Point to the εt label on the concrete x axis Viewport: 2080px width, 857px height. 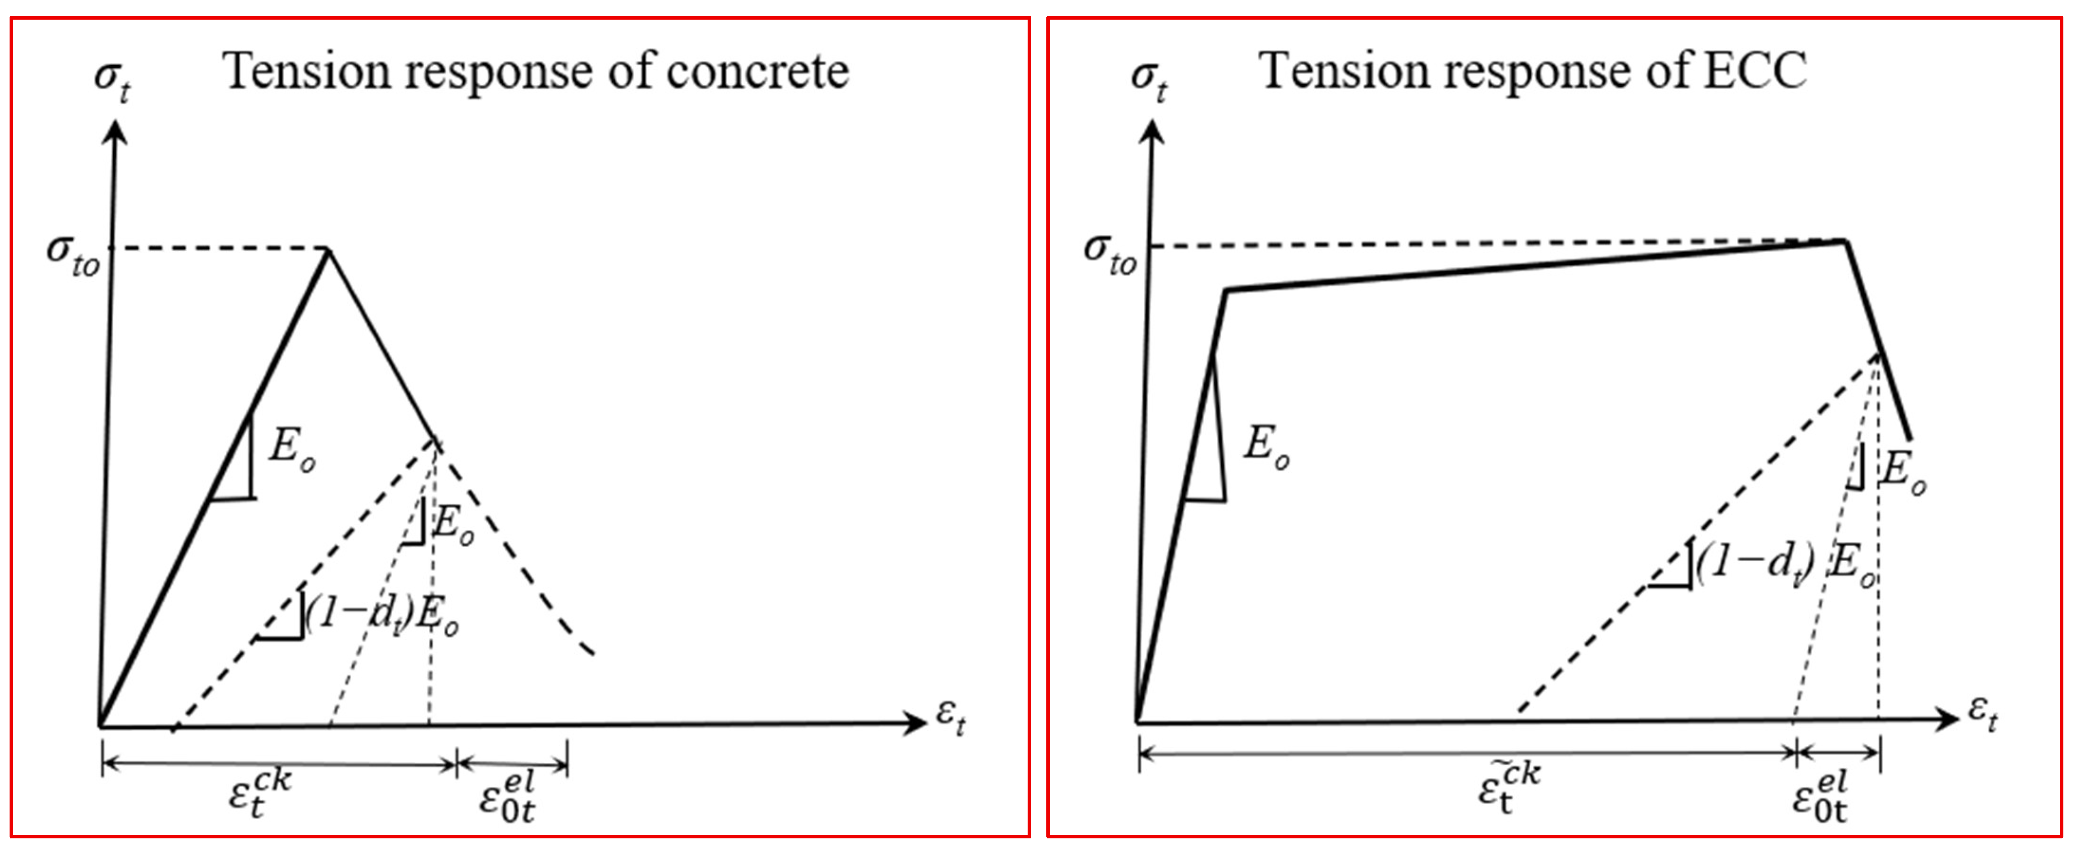(950, 716)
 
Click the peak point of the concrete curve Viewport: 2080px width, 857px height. (328, 250)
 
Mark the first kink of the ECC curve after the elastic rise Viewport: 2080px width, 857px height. (1226, 290)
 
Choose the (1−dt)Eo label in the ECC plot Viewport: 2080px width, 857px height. (1784, 561)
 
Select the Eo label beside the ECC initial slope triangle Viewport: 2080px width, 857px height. (1266, 446)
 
